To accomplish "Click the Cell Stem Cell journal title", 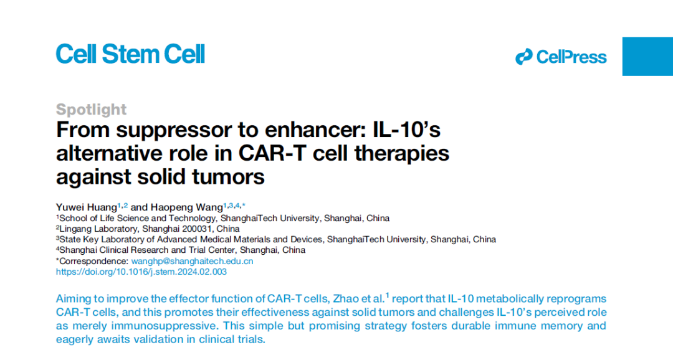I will [130, 55].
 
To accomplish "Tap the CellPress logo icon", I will [524, 57].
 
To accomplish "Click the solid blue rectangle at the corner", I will [647, 56].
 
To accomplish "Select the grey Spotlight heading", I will [91, 110].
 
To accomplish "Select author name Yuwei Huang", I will [86, 207].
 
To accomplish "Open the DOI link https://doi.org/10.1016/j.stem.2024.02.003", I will [141, 272].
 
